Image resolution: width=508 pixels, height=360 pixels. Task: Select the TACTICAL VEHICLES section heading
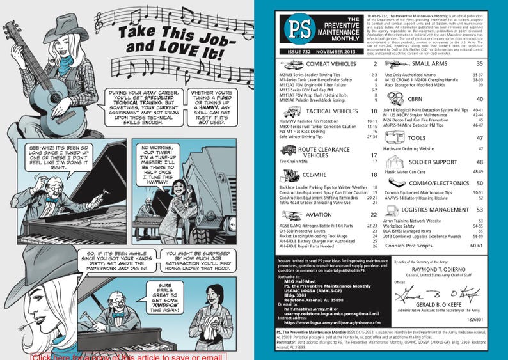click(x=331, y=111)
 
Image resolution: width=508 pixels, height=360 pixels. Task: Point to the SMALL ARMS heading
click(x=434, y=65)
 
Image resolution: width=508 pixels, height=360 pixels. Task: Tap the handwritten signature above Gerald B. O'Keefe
click(x=441, y=295)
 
